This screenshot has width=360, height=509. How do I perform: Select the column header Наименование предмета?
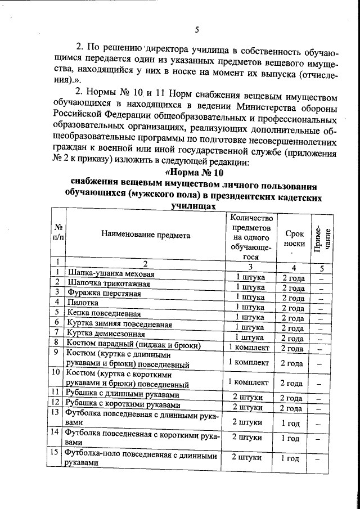pyautogui.click(x=146, y=235)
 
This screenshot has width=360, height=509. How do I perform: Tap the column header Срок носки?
pyautogui.click(x=295, y=238)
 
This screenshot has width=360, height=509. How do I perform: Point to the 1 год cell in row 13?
pyautogui.click(x=291, y=422)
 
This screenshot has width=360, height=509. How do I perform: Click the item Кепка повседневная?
pyautogui.click(x=104, y=313)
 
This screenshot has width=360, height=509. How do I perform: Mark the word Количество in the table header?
pyautogui.click(x=251, y=218)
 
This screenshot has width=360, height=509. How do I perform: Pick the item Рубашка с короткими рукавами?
pyautogui.click(x=124, y=405)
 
